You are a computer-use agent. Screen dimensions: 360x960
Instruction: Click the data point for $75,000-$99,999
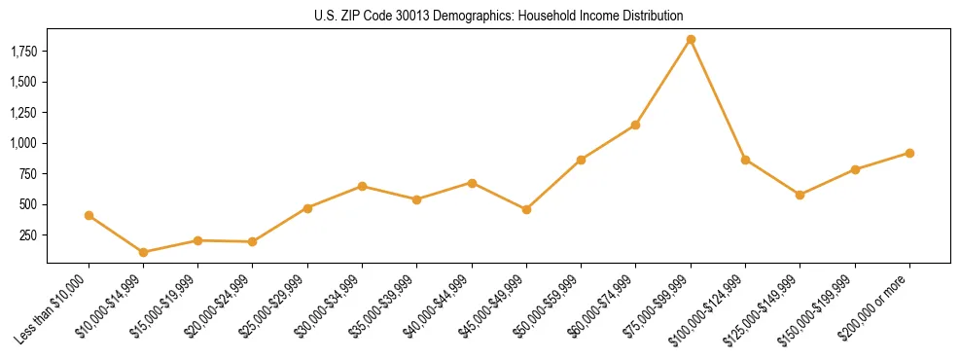[x=691, y=40]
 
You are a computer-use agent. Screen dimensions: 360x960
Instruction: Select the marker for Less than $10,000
[x=89, y=215]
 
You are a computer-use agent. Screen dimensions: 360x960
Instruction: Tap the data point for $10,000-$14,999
[x=144, y=252]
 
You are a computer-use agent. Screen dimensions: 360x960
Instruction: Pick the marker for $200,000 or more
[x=909, y=153]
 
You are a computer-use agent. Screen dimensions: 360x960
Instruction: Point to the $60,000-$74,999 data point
[x=636, y=125]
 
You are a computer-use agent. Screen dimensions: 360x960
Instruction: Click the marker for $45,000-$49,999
[x=526, y=209]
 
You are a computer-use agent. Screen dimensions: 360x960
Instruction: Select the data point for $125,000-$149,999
[x=800, y=195]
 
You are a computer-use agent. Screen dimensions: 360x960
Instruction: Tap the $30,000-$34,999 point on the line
[x=362, y=186]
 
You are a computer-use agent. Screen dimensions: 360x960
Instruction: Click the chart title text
[x=498, y=17]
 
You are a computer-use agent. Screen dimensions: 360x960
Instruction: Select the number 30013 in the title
[x=403, y=17]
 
